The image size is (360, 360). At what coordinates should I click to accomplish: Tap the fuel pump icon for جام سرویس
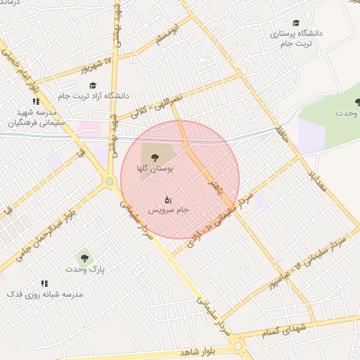[167, 200]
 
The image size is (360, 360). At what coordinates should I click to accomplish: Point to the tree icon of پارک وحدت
[85, 259]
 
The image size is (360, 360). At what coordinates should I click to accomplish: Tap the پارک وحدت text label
[84, 270]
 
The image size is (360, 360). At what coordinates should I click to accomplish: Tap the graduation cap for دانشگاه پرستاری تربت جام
[295, 23]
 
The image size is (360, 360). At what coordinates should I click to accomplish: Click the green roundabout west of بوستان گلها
[109, 182]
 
